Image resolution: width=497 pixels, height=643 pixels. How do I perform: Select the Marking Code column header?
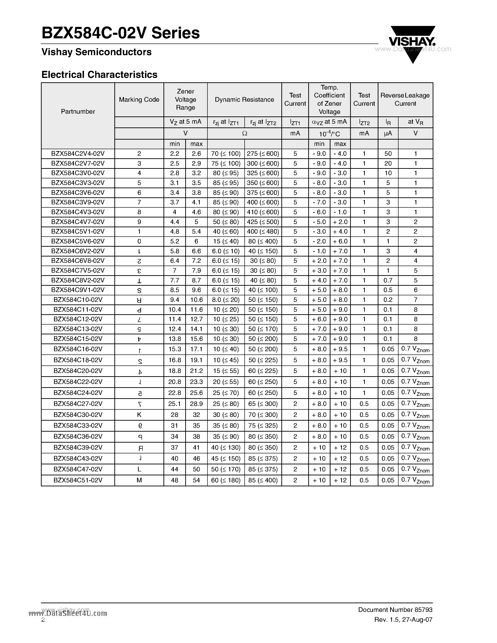139,100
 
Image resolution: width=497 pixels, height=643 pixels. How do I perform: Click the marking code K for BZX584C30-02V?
139,415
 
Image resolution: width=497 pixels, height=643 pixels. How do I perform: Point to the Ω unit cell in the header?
244,133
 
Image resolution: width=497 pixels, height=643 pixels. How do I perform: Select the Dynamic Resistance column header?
244,100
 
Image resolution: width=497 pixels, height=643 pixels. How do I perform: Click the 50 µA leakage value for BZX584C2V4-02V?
388,154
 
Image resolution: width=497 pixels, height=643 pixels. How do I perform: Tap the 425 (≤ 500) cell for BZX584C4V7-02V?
263,222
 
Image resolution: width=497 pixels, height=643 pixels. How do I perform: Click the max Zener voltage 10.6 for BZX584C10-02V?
196,300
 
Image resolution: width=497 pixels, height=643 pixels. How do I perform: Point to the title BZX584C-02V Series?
121,33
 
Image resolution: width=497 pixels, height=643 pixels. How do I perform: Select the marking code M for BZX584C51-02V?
139,480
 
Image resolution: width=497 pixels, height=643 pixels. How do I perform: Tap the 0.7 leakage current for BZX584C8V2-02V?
388,280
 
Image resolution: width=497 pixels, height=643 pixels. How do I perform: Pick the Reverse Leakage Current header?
405,100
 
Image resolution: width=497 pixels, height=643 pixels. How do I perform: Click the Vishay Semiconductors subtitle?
97,52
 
